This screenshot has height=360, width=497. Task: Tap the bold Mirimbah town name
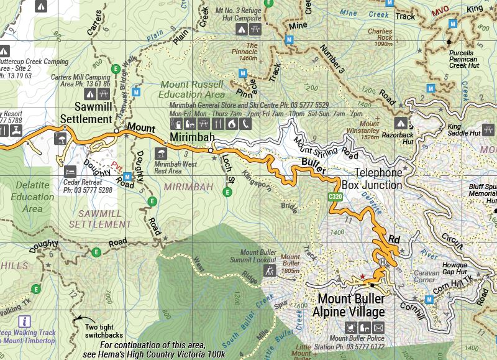(192, 137)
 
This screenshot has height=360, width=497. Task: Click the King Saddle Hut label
(465, 133)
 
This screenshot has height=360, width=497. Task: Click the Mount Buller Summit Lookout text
(258, 257)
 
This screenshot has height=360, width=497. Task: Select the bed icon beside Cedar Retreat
(70, 170)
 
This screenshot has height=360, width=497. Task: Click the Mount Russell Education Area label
(192, 89)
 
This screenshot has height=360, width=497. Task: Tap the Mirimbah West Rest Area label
(168, 167)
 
